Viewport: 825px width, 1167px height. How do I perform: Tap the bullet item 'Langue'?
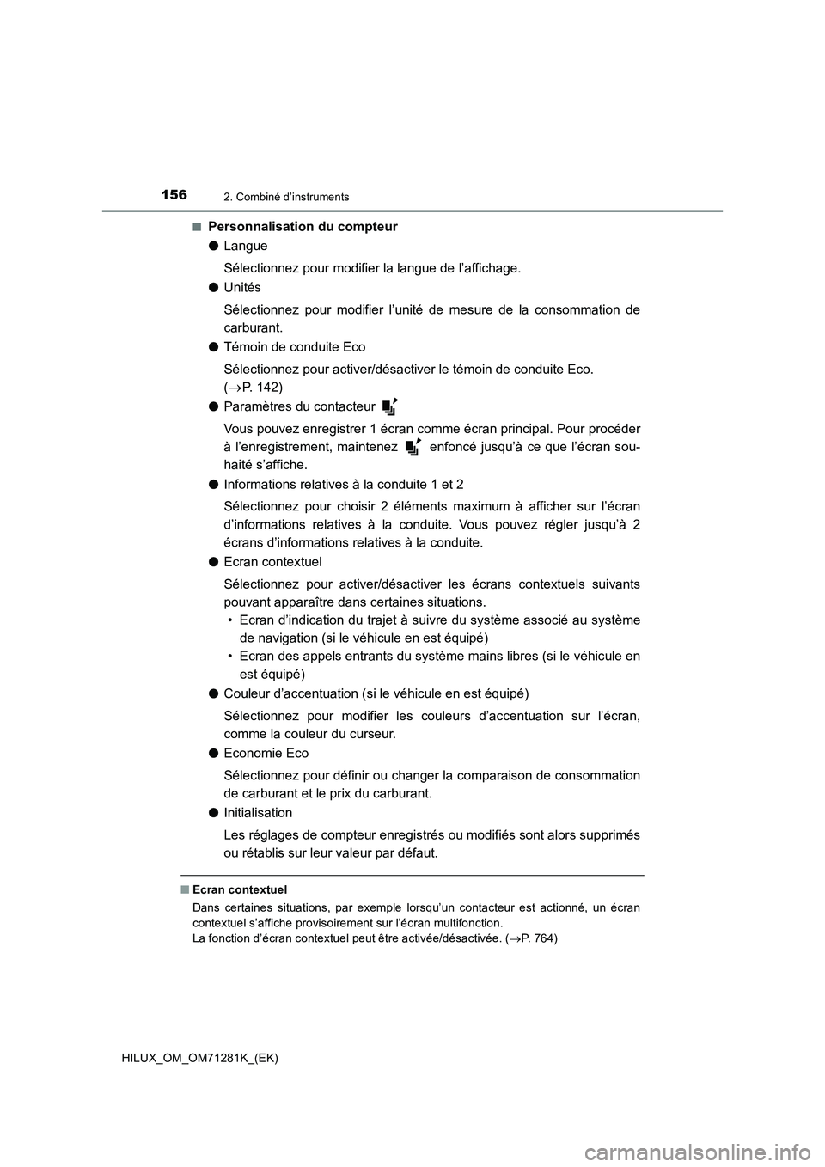pyautogui.click(x=245, y=246)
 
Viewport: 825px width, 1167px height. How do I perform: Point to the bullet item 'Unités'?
pyautogui.click(x=241, y=287)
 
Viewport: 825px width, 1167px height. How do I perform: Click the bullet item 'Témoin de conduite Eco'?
pyautogui.click(x=294, y=346)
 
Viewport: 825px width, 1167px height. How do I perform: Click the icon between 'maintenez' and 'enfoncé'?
pyautogui.click(x=412, y=446)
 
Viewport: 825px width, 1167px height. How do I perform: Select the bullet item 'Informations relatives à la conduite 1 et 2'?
pyautogui.click(x=343, y=484)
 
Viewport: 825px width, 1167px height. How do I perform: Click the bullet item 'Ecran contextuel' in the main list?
pyautogui.click(x=272, y=561)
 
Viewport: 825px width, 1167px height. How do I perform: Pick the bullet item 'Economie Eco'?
pyautogui.click(x=266, y=753)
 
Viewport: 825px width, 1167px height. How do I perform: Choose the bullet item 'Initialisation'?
pyautogui.click(x=258, y=812)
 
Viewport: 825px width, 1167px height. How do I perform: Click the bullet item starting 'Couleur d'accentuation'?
pyautogui.click(x=376, y=693)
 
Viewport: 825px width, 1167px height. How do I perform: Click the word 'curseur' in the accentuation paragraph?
pyautogui.click(x=371, y=734)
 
